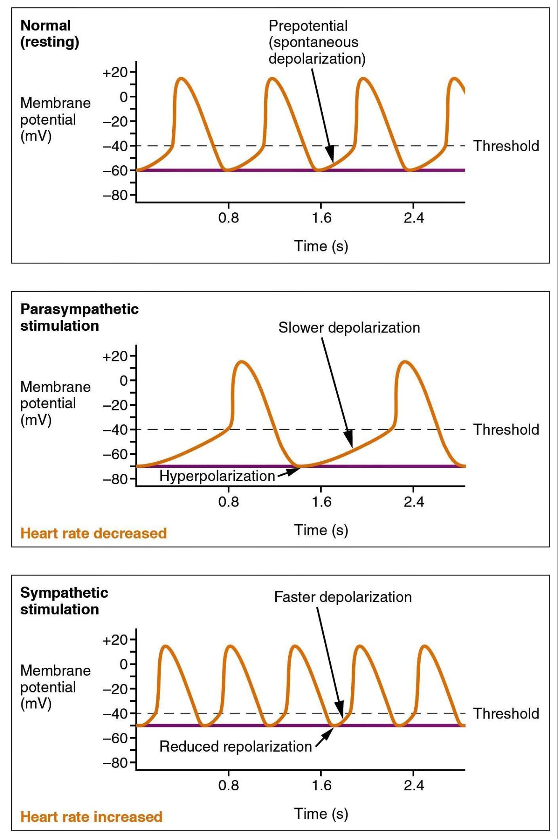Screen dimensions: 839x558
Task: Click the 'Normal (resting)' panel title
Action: (50, 34)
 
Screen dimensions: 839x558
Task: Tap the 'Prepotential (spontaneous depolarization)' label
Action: (317, 42)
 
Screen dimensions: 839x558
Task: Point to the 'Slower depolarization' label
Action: (349, 328)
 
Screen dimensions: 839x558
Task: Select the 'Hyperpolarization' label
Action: (217, 476)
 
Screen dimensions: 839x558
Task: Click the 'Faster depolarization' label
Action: (342, 597)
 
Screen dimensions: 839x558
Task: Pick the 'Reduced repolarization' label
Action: (235, 746)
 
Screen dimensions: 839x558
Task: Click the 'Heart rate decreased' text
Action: (93, 533)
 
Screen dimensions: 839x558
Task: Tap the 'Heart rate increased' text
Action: (91, 817)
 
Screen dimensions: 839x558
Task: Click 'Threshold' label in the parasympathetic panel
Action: (506, 430)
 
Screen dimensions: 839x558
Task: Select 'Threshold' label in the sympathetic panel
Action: (506, 714)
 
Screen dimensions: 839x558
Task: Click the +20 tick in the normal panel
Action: (115, 73)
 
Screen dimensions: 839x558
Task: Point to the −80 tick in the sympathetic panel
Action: (115, 763)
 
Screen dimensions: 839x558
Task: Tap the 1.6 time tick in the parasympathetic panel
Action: (321, 502)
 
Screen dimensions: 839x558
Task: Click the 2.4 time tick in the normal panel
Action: (414, 218)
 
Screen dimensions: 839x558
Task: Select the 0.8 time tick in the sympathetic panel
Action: (229, 785)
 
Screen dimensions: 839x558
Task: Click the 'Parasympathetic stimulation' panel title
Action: (79, 317)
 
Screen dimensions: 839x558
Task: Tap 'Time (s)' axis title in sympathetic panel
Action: (321, 813)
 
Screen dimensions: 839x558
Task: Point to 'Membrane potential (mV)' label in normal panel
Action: (55, 120)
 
